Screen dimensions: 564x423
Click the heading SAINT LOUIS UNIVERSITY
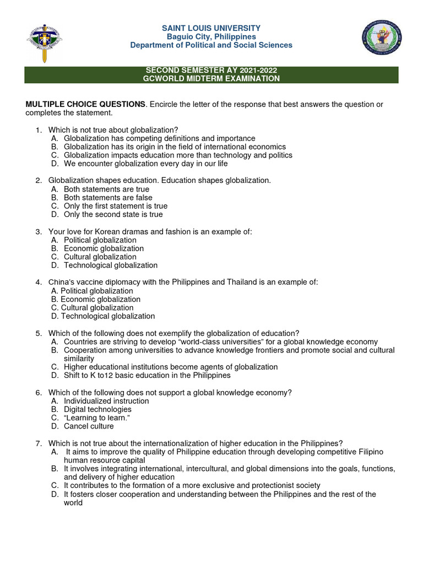[211, 28]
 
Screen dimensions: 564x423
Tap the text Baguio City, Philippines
[211, 36]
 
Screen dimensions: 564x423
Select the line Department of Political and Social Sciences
[211, 45]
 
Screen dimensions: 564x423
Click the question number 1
[39, 130]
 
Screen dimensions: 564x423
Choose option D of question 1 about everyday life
[145, 164]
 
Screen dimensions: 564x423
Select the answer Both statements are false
[108, 198]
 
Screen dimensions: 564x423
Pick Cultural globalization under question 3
[100, 257]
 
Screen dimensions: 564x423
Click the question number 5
[39, 333]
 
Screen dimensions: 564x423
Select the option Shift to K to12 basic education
[147, 376]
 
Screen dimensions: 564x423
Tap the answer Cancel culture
[89, 426]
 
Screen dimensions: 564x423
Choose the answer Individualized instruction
[106, 401]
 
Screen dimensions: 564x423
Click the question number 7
[39, 443]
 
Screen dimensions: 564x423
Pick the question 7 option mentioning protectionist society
[192, 486]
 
